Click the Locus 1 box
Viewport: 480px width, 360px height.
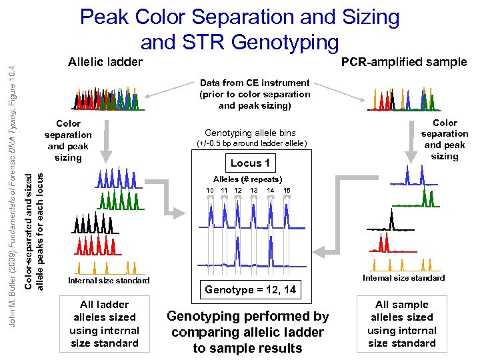coord(251,163)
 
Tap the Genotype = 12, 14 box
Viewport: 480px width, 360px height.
coord(251,289)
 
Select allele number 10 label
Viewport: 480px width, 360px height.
coord(210,191)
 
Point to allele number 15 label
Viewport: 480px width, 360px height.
coord(287,191)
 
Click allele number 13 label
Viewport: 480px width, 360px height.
coord(254,191)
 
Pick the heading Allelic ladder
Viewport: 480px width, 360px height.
coord(105,62)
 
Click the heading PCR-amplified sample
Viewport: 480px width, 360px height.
coord(404,62)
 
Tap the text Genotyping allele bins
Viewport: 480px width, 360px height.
coord(251,133)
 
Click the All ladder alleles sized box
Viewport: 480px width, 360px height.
coord(105,323)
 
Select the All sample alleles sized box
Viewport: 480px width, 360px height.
coord(402,323)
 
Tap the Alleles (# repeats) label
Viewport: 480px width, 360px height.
coord(248,179)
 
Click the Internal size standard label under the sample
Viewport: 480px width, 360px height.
coord(403,278)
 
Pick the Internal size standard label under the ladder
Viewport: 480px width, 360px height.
coord(109,281)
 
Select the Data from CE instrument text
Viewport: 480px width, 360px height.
coord(255,94)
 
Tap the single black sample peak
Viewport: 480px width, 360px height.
coord(391,220)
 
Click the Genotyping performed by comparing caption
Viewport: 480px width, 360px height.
coord(248,332)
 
